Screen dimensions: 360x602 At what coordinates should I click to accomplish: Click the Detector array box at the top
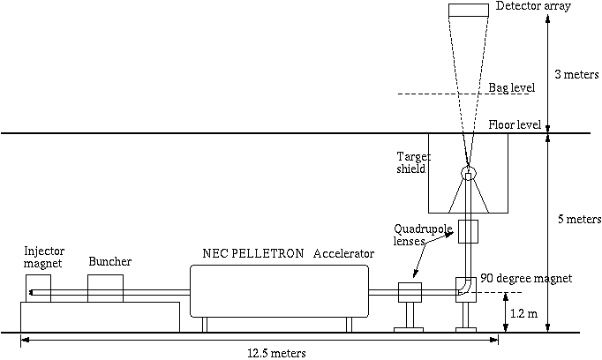(x=481, y=10)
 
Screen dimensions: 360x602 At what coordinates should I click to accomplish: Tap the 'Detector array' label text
(x=558, y=6)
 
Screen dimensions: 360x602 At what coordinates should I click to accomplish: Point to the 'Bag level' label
(x=512, y=88)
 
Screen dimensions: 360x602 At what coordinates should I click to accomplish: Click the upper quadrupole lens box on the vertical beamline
(x=466, y=231)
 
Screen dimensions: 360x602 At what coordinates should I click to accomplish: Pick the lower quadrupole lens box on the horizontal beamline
(x=410, y=293)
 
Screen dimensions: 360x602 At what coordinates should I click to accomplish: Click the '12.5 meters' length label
(x=276, y=353)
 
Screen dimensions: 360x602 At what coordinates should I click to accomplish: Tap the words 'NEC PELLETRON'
(x=249, y=254)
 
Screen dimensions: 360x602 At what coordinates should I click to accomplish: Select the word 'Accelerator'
(x=344, y=254)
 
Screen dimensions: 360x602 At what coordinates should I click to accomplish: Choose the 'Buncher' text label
(x=110, y=262)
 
